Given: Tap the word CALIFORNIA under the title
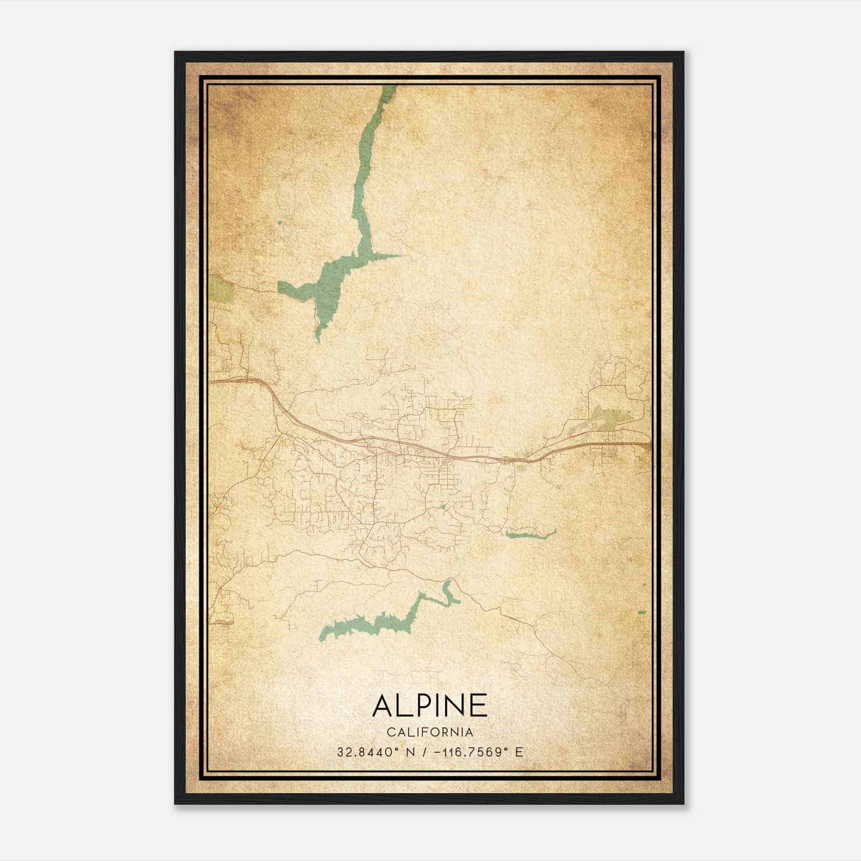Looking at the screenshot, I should pos(429,732).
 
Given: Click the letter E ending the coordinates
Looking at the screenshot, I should pos(519,752).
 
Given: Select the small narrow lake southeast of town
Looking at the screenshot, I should pos(530,534).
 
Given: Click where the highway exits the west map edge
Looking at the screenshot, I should pos(211,381).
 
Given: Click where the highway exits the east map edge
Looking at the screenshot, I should pos(649,444).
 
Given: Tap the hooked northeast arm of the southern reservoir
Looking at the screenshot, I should pos(448,592).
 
